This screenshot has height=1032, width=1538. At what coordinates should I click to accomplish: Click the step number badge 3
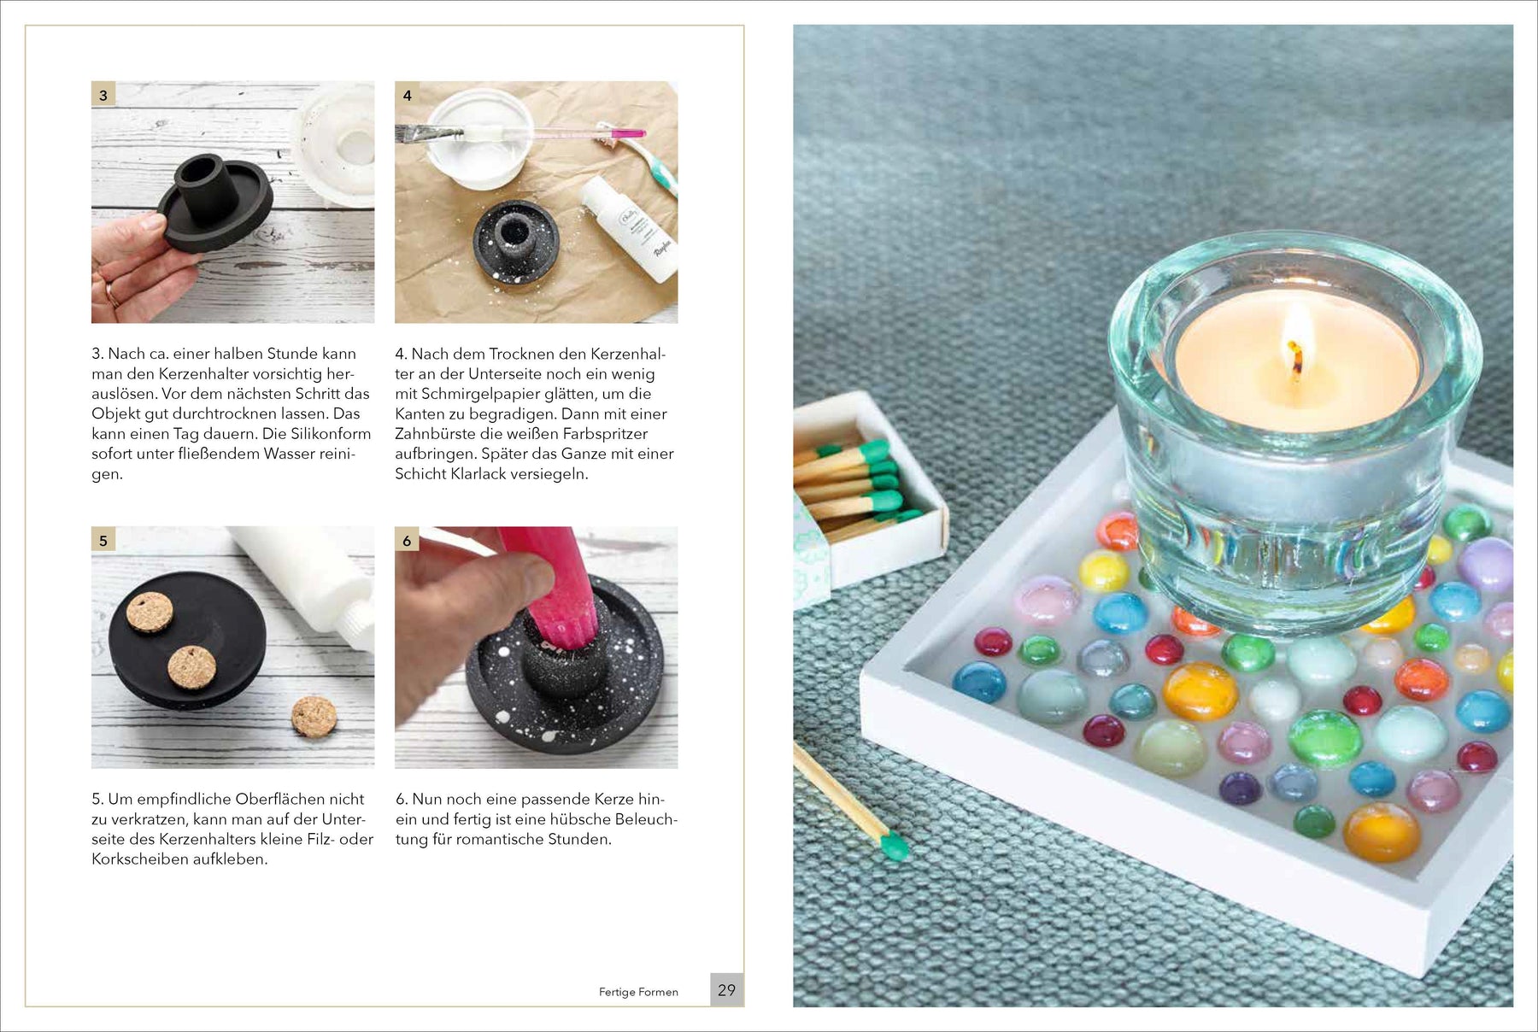[103, 95]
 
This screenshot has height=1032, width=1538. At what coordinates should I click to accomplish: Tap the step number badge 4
[407, 95]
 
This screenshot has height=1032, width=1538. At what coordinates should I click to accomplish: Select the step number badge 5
[103, 540]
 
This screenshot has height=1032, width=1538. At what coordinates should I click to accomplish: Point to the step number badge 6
[407, 540]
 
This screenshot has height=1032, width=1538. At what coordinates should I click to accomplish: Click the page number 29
[726, 989]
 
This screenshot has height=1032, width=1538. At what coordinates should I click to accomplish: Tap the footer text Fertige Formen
[638, 992]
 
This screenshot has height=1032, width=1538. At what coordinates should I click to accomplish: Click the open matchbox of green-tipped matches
[868, 486]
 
